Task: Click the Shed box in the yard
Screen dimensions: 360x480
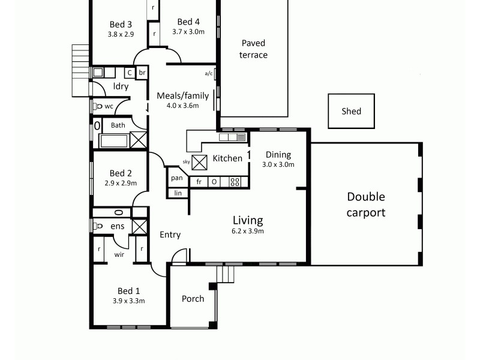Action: pos(352,111)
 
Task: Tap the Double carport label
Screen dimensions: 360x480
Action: pos(366,205)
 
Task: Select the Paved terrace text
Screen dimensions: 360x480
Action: pos(253,49)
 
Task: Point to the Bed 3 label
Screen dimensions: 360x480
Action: pos(121,24)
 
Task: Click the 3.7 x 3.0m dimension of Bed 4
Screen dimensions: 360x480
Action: pos(188,34)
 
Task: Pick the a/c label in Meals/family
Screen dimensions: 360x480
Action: pos(209,74)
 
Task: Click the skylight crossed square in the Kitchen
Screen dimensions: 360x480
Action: pos(199,160)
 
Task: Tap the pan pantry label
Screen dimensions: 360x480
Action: pos(176,178)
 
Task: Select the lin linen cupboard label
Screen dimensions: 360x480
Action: pos(178,193)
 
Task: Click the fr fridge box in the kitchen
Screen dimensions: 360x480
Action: pos(199,182)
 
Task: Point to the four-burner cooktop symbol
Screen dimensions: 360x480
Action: pos(235,182)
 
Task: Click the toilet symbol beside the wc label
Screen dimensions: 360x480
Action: pos(97,106)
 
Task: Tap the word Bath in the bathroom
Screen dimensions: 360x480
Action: pos(118,125)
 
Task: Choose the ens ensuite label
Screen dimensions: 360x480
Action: pos(118,226)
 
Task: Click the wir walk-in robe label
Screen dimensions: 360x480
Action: pos(119,254)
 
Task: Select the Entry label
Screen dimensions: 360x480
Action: pos(170,235)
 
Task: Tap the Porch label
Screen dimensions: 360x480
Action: pos(193,298)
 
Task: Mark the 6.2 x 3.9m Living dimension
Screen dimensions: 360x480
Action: pos(248,231)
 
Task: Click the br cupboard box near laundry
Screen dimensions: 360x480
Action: pos(142,73)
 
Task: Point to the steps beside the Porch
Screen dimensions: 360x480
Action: pos(225,274)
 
